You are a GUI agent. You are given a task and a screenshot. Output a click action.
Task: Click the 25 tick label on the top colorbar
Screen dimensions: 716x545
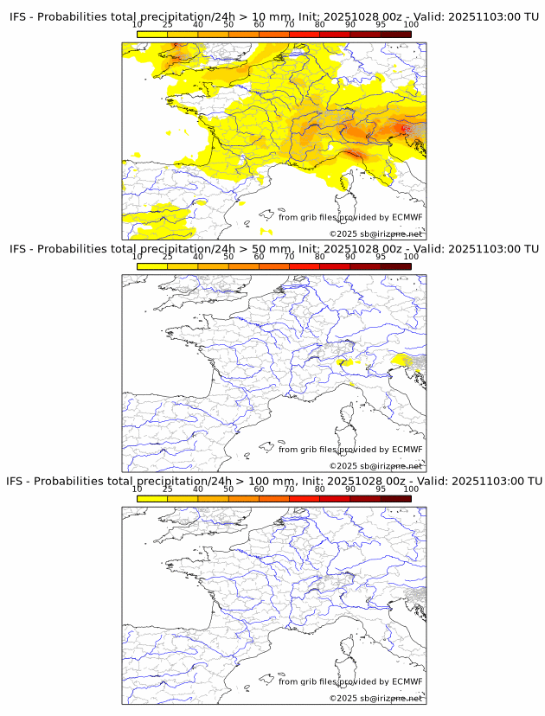[168, 24]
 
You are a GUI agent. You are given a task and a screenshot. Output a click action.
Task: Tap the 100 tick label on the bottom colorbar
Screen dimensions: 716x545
[410, 489]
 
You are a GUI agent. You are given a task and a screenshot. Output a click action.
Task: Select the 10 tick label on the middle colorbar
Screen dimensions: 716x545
[138, 257]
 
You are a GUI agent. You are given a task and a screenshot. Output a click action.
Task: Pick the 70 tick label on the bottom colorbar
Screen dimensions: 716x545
[289, 489]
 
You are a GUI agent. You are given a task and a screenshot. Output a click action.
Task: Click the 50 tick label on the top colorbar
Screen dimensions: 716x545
[228, 24]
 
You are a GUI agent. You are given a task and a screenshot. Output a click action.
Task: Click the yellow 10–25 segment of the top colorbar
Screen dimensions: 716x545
[152, 34]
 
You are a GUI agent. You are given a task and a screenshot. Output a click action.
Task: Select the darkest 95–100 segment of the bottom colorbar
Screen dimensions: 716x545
[395, 499]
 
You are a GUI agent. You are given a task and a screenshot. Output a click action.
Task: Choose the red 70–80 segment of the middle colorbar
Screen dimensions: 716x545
[304, 266]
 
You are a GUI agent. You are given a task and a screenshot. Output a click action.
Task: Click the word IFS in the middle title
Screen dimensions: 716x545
[19, 249]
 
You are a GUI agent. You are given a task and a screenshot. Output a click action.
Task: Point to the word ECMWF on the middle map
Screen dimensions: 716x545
[407, 450]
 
